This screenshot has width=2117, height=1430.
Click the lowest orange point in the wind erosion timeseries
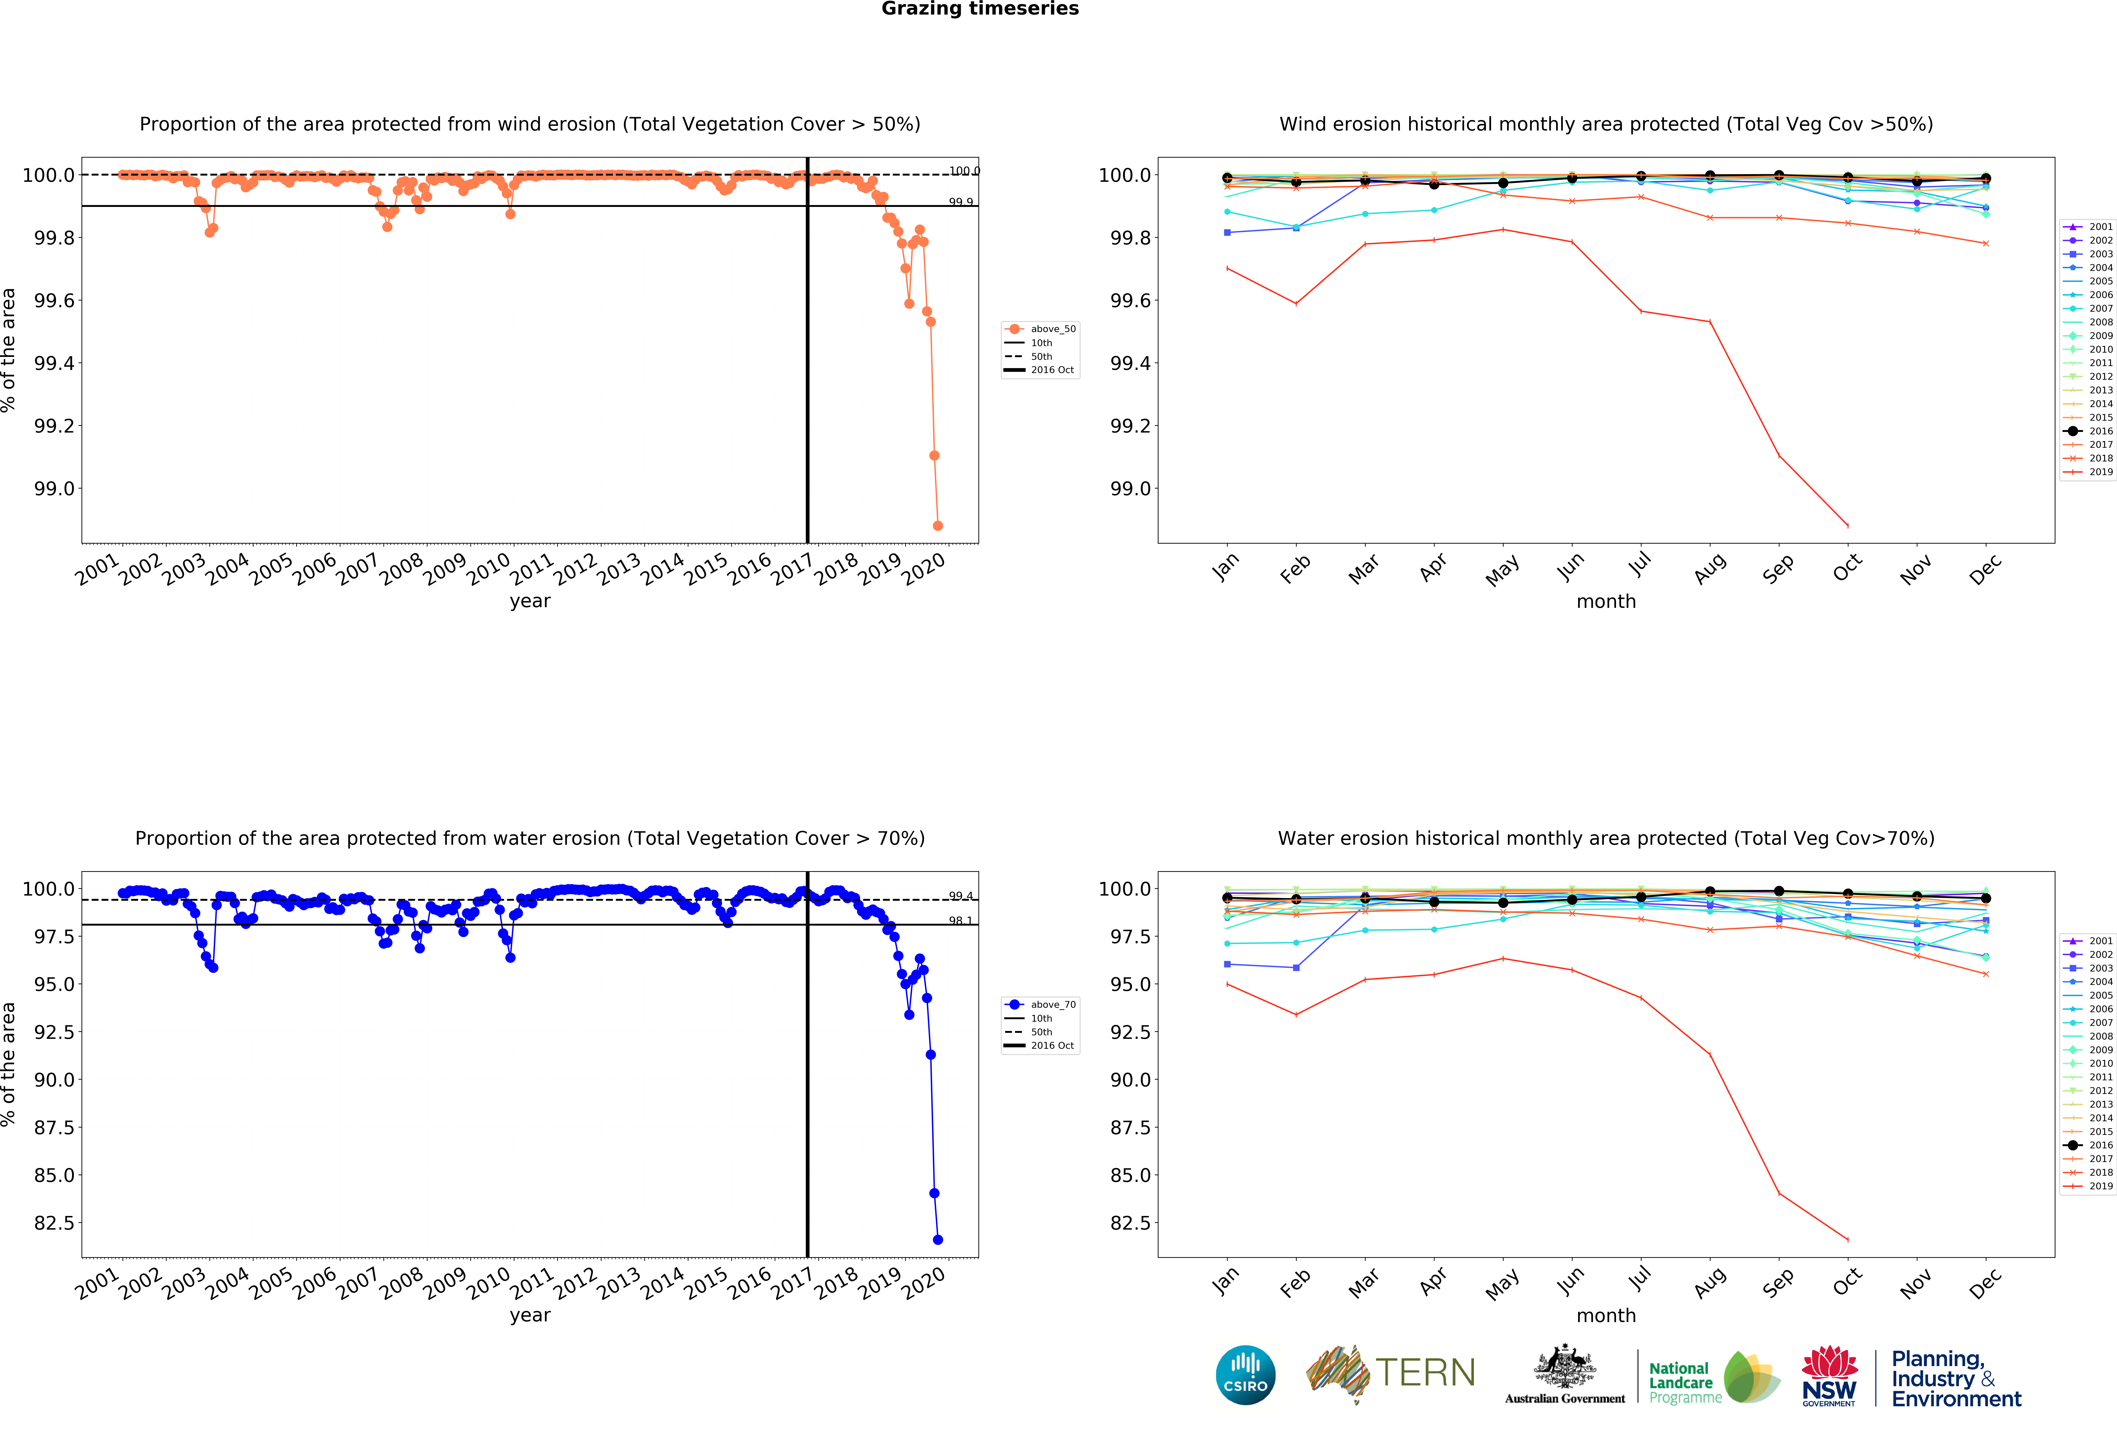[937, 525]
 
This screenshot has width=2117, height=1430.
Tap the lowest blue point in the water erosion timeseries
[937, 1240]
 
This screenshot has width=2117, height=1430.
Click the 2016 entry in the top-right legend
[2093, 431]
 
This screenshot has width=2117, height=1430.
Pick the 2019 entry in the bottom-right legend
[2093, 1186]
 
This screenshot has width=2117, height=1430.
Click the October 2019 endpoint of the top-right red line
[1847, 525]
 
